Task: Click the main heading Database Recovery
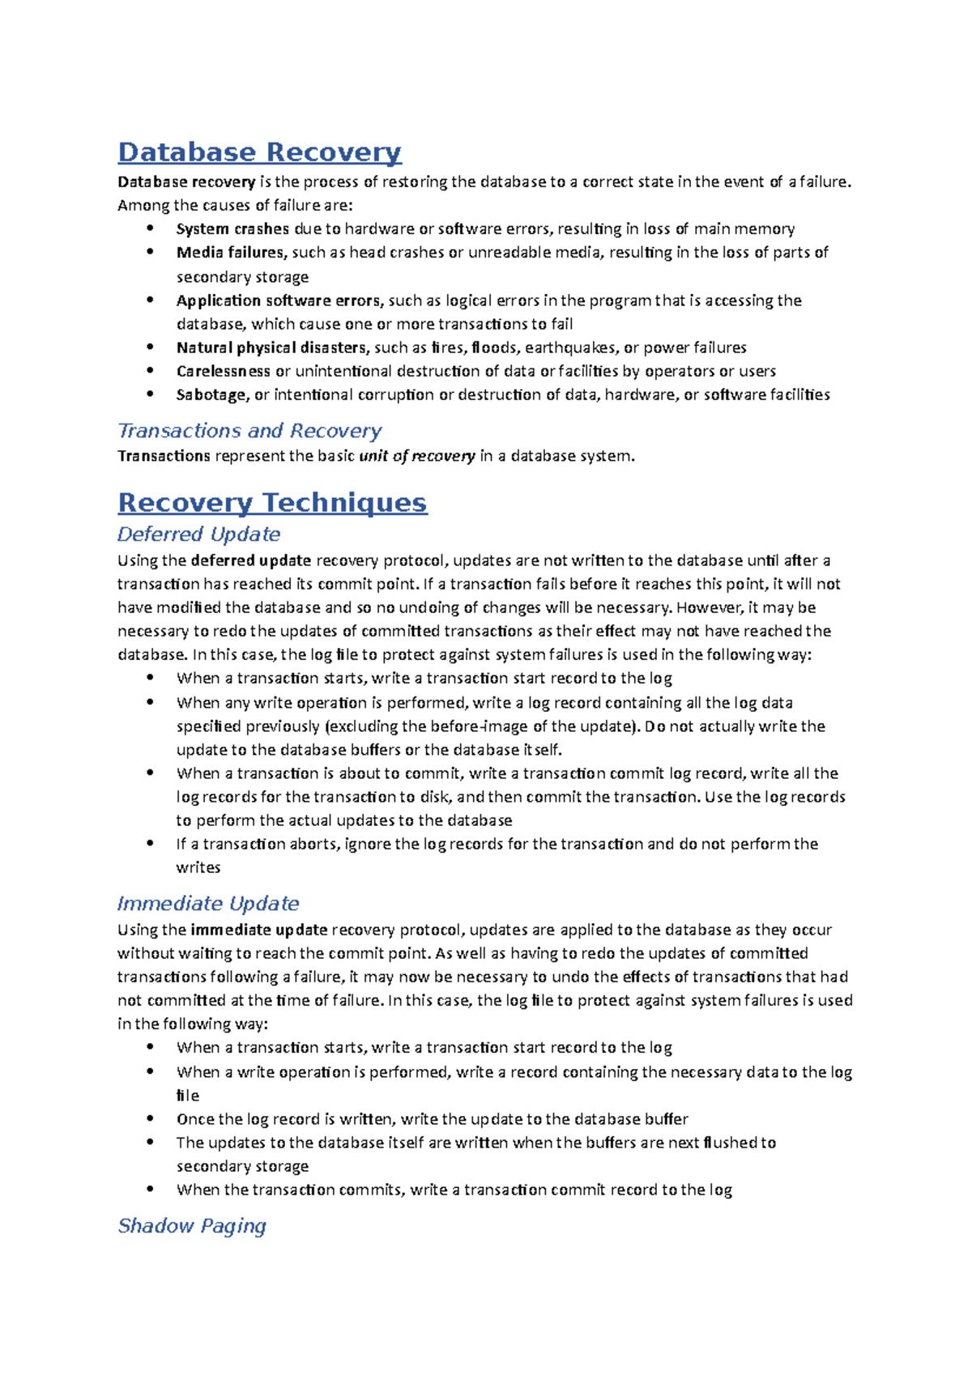259,152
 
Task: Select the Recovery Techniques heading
272,502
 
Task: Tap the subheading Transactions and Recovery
249,431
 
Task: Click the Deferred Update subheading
198,534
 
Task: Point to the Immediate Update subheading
207,904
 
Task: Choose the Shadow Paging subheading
192,1226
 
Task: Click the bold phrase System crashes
232,229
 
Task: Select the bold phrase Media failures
231,253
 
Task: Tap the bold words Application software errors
279,300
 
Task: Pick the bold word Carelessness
224,372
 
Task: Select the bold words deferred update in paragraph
251,560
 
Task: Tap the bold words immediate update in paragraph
259,930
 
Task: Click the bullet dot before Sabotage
150,394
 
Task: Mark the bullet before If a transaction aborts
150,844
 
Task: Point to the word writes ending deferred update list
198,868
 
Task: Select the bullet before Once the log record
150,1118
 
